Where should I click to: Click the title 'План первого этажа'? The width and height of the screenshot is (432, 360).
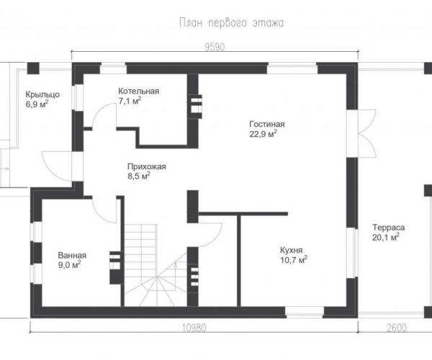pyautogui.click(x=231, y=23)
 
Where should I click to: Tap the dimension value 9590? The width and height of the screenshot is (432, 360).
pyautogui.click(x=215, y=47)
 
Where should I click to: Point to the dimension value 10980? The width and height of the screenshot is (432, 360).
pyautogui.click(x=194, y=328)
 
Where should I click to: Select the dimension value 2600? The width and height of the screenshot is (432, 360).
pyautogui.click(x=397, y=328)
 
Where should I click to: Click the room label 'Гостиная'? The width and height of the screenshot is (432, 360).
pyautogui.click(x=267, y=124)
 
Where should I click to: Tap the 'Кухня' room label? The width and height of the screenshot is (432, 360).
pyautogui.click(x=291, y=250)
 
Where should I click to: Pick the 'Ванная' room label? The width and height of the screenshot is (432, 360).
pyautogui.click(x=72, y=256)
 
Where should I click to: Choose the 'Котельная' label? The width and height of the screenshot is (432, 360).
pyautogui.click(x=138, y=91)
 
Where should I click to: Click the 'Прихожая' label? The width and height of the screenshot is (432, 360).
pyautogui.click(x=147, y=166)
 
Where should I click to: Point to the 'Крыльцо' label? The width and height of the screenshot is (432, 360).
pyautogui.click(x=42, y=94)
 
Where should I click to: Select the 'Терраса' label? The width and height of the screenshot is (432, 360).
pyautogui.click(x=389, y=228)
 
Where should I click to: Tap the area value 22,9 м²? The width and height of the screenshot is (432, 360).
pyautogui.click(x=263, y=134)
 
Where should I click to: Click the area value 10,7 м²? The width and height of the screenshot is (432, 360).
pyautogui.click(x=294, y=259)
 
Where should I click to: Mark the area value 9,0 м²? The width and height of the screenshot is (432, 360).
pyautogui.click(x=69, y=265)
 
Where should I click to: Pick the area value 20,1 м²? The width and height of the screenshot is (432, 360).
pyautogui.click(x=386, y=237)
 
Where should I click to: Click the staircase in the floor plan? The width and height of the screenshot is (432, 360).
pyautogui.click(x=156, y=265)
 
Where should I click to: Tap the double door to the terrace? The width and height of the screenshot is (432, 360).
pyautogui.click(x=366, y=134)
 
